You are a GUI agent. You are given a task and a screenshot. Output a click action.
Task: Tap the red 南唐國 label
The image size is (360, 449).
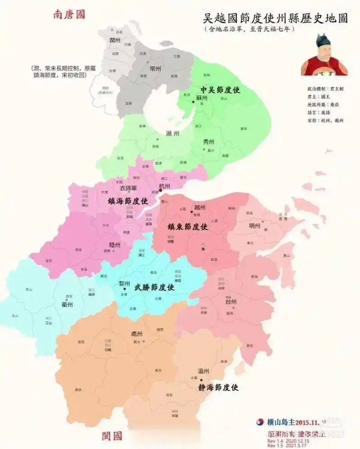[69, 14]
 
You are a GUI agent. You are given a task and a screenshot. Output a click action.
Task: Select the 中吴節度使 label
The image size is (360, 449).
[220, 90]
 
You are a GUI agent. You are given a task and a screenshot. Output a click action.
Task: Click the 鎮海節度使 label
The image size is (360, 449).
[128, 201]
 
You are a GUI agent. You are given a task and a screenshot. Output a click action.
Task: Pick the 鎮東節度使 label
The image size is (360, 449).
[188, 227]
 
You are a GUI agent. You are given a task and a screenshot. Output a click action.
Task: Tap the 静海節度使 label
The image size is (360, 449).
[218, 387]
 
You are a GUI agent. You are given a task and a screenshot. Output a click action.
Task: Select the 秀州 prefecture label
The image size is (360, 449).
[209, 142]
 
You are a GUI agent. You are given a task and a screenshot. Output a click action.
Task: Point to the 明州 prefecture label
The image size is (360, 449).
[255, 226]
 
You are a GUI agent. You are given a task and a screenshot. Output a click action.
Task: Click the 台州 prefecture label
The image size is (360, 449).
[230, 301]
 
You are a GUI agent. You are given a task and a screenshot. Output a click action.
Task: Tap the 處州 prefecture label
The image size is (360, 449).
[136, 334]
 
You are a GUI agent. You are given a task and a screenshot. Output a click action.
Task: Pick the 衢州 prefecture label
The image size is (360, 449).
[67, 304]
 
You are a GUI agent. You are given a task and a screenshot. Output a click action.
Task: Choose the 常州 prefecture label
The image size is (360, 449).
[155, 68]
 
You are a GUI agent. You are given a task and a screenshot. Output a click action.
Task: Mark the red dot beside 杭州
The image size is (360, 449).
[160, 190]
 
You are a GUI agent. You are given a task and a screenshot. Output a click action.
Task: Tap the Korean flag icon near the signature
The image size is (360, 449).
[260, 422]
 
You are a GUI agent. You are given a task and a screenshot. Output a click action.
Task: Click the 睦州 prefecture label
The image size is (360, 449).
[115, 245]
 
